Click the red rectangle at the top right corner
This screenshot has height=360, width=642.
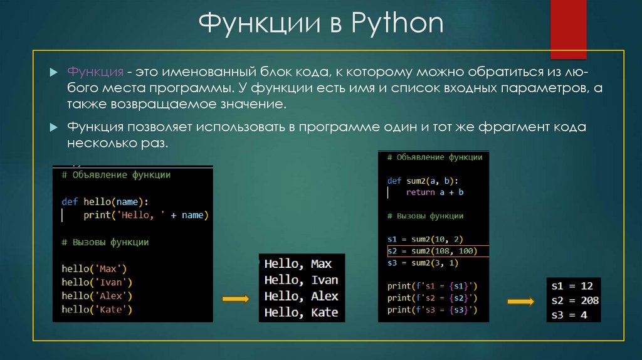click(568, 29)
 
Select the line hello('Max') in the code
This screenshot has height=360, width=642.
click(94, 268)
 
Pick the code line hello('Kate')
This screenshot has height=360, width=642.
click(97, 309)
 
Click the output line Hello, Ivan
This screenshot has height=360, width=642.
click(301, 280)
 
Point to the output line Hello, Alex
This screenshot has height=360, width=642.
click(301, 296)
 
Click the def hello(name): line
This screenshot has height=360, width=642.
click(105, 202)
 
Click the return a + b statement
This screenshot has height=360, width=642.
click(434, 193)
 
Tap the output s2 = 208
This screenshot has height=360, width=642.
click(574, 300)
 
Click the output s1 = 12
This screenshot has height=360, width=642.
click(572, 286)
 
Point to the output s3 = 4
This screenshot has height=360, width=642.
click(569, 315)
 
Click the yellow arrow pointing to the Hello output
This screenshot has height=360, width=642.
click(236, 299)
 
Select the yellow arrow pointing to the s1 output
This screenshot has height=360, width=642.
click(520, 302)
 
